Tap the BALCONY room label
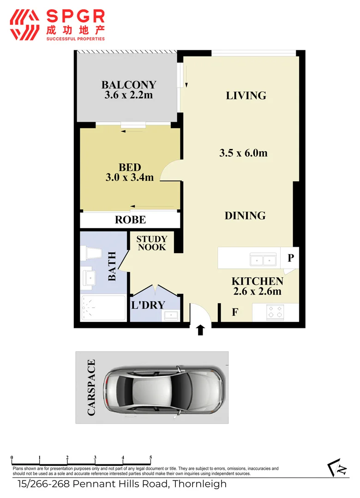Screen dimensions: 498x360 (x=129, y=85)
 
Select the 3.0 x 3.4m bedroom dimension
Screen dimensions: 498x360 (x=129, y=177)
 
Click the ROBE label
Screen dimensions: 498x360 (x=130, y=220)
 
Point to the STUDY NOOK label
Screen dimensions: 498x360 (x=151, y=243)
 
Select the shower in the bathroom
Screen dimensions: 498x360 (x=103, y=308)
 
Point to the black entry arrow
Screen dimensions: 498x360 (x=200, y=330)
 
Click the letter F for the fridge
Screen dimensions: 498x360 (x=234, y=313)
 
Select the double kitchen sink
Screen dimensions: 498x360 (x=263, y=261)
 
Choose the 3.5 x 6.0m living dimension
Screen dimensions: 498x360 (x=243, y=153)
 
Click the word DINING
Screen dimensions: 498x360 (x=245, y=215)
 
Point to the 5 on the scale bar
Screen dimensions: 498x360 (x=151, y=458)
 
